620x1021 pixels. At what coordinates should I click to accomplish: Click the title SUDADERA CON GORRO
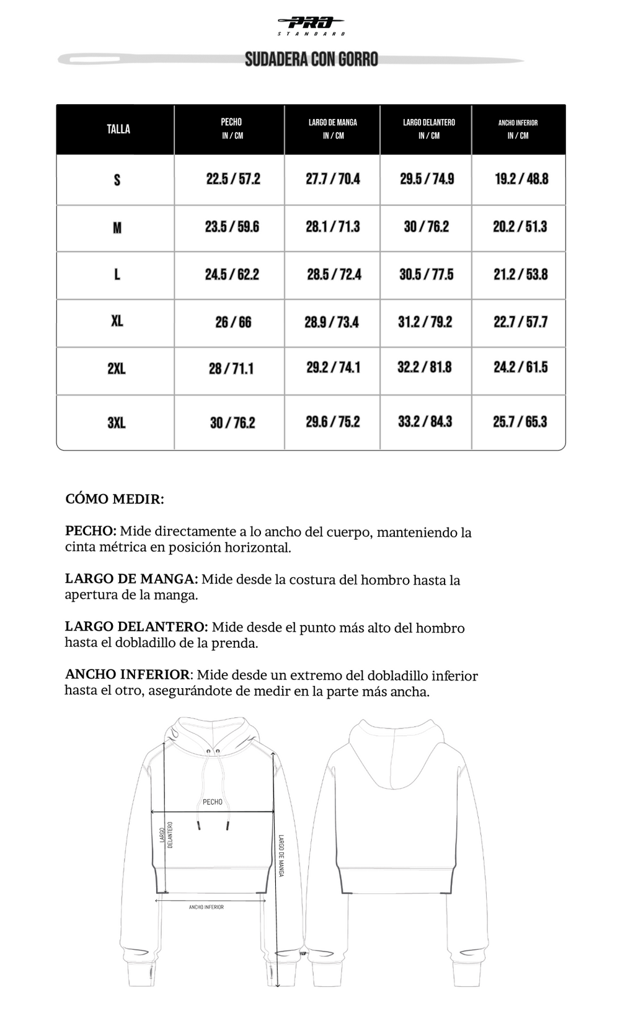pyautogui.click(x=311, y=60)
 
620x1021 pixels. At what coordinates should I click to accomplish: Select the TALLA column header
pyautogui.click(x=118, y=129)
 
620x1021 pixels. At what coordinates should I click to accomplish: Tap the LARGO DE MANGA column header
pyautogui.click(x=333, y=128)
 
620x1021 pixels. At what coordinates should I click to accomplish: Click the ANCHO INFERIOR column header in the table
pyautogui.click(x=518, y=128)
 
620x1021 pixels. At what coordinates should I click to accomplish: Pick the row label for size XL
pyautogui.click(x=117, y=321)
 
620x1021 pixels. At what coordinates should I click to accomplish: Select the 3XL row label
pyautogui.click(x=117, y=423)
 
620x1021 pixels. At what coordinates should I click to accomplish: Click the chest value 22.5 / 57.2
pyautogui.click(x=233, y=179)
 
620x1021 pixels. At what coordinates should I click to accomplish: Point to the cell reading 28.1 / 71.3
pyautogui.click(x=333, y=227)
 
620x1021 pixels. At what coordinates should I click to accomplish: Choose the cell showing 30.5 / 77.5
pyautogui.click(x=427, y=275)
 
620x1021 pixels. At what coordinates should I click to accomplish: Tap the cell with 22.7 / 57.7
pyautogui.click(x=521, y=322)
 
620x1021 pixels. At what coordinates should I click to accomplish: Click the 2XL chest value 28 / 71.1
pyautogui.click(x=231, y=369)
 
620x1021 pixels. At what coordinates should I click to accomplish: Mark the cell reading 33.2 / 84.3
pyautogui.click(x=425, y=422)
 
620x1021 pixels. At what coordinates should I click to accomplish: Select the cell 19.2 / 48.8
pyautogui.click(x=521, y=179)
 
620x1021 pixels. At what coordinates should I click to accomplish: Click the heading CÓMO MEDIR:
pyautogui.click(x=115, y=499)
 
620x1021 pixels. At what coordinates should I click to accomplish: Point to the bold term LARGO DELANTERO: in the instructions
pyautogui.click(x=136, y=627)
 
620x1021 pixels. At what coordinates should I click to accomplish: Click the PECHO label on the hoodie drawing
pyautogui.click(x=213, y=802)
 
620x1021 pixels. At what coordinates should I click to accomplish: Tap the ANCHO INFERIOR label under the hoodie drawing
pyautogui.click(x=206, y=907)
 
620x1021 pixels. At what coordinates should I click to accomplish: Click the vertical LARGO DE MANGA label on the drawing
pyautogui.click(x=281, y=855)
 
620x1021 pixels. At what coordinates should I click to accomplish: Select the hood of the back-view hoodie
pyautogui.click(x=395, y=753)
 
